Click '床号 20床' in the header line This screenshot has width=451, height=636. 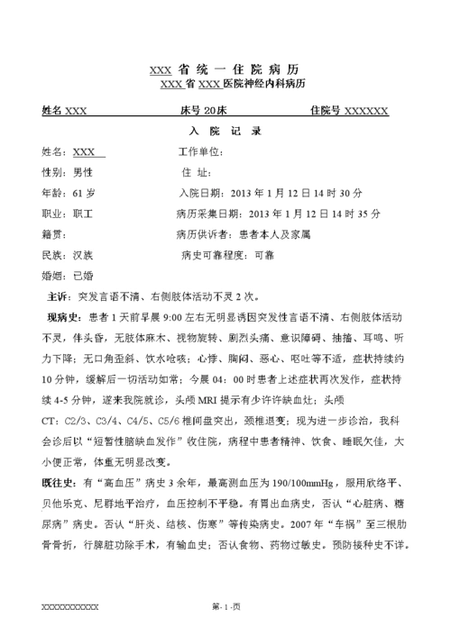pos(203,111)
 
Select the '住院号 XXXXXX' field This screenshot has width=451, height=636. pos(348,111)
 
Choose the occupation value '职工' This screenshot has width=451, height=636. pos(82,214)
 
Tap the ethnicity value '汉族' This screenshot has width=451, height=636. pos(82,255)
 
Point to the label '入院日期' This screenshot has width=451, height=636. pos(200,193)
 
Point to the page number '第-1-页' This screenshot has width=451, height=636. pos(225,608)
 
